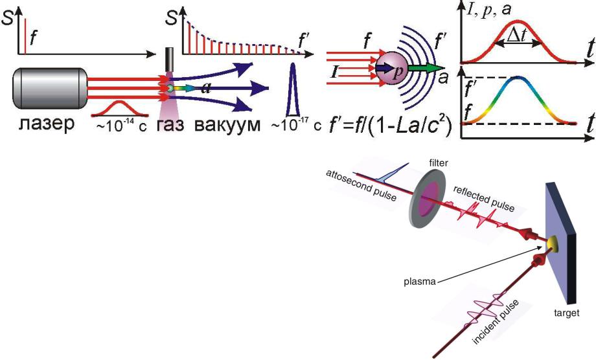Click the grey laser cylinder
click(50, 88)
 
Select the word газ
click(170, 124)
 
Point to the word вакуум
click(227, 124)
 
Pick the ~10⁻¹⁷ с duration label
click(296, 125)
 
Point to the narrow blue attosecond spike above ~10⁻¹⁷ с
click(293, 89)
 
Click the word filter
click(439, 163)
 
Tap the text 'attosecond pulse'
click(361, 186)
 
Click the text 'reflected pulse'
click(483, 199)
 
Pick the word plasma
click(420, 282)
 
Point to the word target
click(567, 313)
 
